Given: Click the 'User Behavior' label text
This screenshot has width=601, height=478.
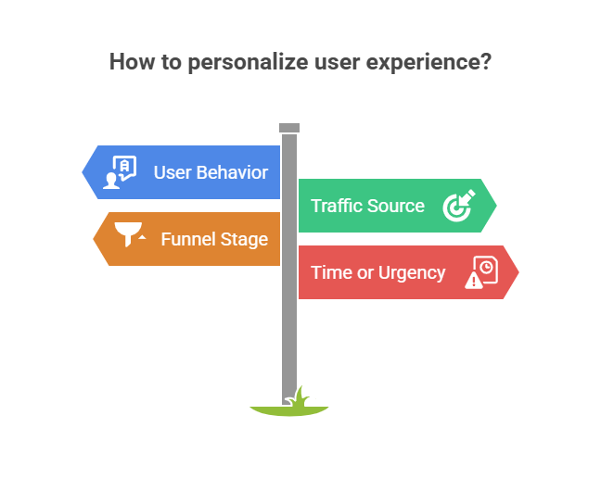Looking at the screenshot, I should point(211,172).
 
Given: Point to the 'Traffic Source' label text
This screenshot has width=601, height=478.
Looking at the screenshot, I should point(367,206).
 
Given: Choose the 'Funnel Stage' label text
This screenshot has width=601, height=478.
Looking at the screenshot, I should point(214,239).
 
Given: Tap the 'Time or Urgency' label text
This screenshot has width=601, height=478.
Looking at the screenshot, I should point(377,272).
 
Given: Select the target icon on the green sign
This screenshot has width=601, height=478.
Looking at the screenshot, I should point(458,206).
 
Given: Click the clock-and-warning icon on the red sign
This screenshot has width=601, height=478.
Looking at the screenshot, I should point(481,272).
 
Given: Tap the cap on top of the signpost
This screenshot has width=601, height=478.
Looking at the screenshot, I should point(289,127).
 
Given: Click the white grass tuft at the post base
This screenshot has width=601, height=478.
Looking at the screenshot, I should point(300,399).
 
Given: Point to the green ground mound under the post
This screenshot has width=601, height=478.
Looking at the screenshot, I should point(289,410).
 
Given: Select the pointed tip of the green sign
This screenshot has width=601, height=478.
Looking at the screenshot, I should point(496,206).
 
